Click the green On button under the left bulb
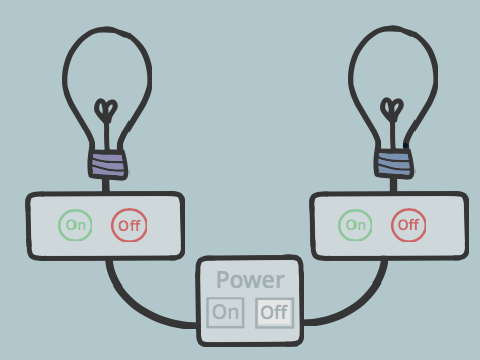tap(75, 225)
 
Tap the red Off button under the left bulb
tap(129, 225)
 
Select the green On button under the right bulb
tap(355, 225)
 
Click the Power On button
tap(225, 312)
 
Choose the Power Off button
tap(274, 313)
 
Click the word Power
tap(250, 280)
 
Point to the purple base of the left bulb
tap(108, 165)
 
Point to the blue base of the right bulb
tap(394, 164)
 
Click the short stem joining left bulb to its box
tap(106, 186)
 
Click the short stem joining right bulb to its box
tap(393, 185)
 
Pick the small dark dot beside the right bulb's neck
tap(406, 145)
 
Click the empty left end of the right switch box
tap(325, 226)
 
